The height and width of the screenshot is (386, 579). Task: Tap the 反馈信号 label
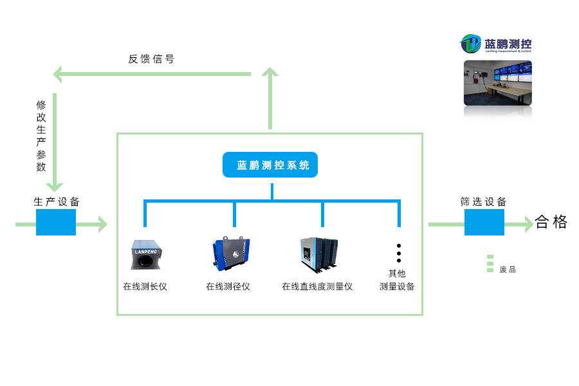[151, 59]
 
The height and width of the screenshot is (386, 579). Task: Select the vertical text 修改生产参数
[41, 135]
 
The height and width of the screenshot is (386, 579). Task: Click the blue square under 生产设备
[56, 222]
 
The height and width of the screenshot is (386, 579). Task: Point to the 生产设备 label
[57, 201]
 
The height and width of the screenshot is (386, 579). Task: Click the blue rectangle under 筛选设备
[484, 222]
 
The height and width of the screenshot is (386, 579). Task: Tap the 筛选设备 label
[483, 201]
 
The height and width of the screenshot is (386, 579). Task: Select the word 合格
[551, 223]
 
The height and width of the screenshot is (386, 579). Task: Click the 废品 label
[508, 270]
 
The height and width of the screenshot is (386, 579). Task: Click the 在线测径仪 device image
[230, 253]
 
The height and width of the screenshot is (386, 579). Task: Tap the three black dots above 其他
[399, 253]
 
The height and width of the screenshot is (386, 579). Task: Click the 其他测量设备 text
[397, 280]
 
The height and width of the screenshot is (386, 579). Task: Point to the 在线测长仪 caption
[145, 286]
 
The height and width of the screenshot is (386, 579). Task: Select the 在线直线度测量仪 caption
[317, 286]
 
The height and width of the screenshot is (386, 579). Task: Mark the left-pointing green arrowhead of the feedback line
[59, 74]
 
